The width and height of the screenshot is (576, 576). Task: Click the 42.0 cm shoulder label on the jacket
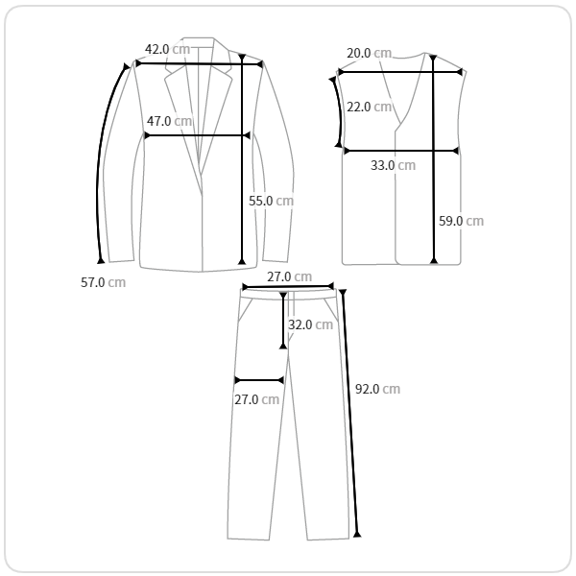tap(167, 49)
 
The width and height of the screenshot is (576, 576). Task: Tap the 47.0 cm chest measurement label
tap(169, 121)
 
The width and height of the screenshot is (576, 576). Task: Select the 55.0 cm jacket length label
tap(271, 201)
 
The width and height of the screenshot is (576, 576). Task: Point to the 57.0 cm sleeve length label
tap(104, 282)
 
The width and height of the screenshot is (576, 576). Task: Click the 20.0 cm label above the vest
tap(370, 53)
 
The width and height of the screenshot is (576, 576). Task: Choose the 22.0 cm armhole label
tap(370, 107)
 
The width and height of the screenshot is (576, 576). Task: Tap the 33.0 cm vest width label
tap(393, 165)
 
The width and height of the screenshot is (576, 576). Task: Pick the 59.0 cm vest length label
tap(462, 221)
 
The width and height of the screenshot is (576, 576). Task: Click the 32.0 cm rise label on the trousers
tap(310, 324)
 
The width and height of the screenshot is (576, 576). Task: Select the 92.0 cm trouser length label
tap(377, 389)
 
